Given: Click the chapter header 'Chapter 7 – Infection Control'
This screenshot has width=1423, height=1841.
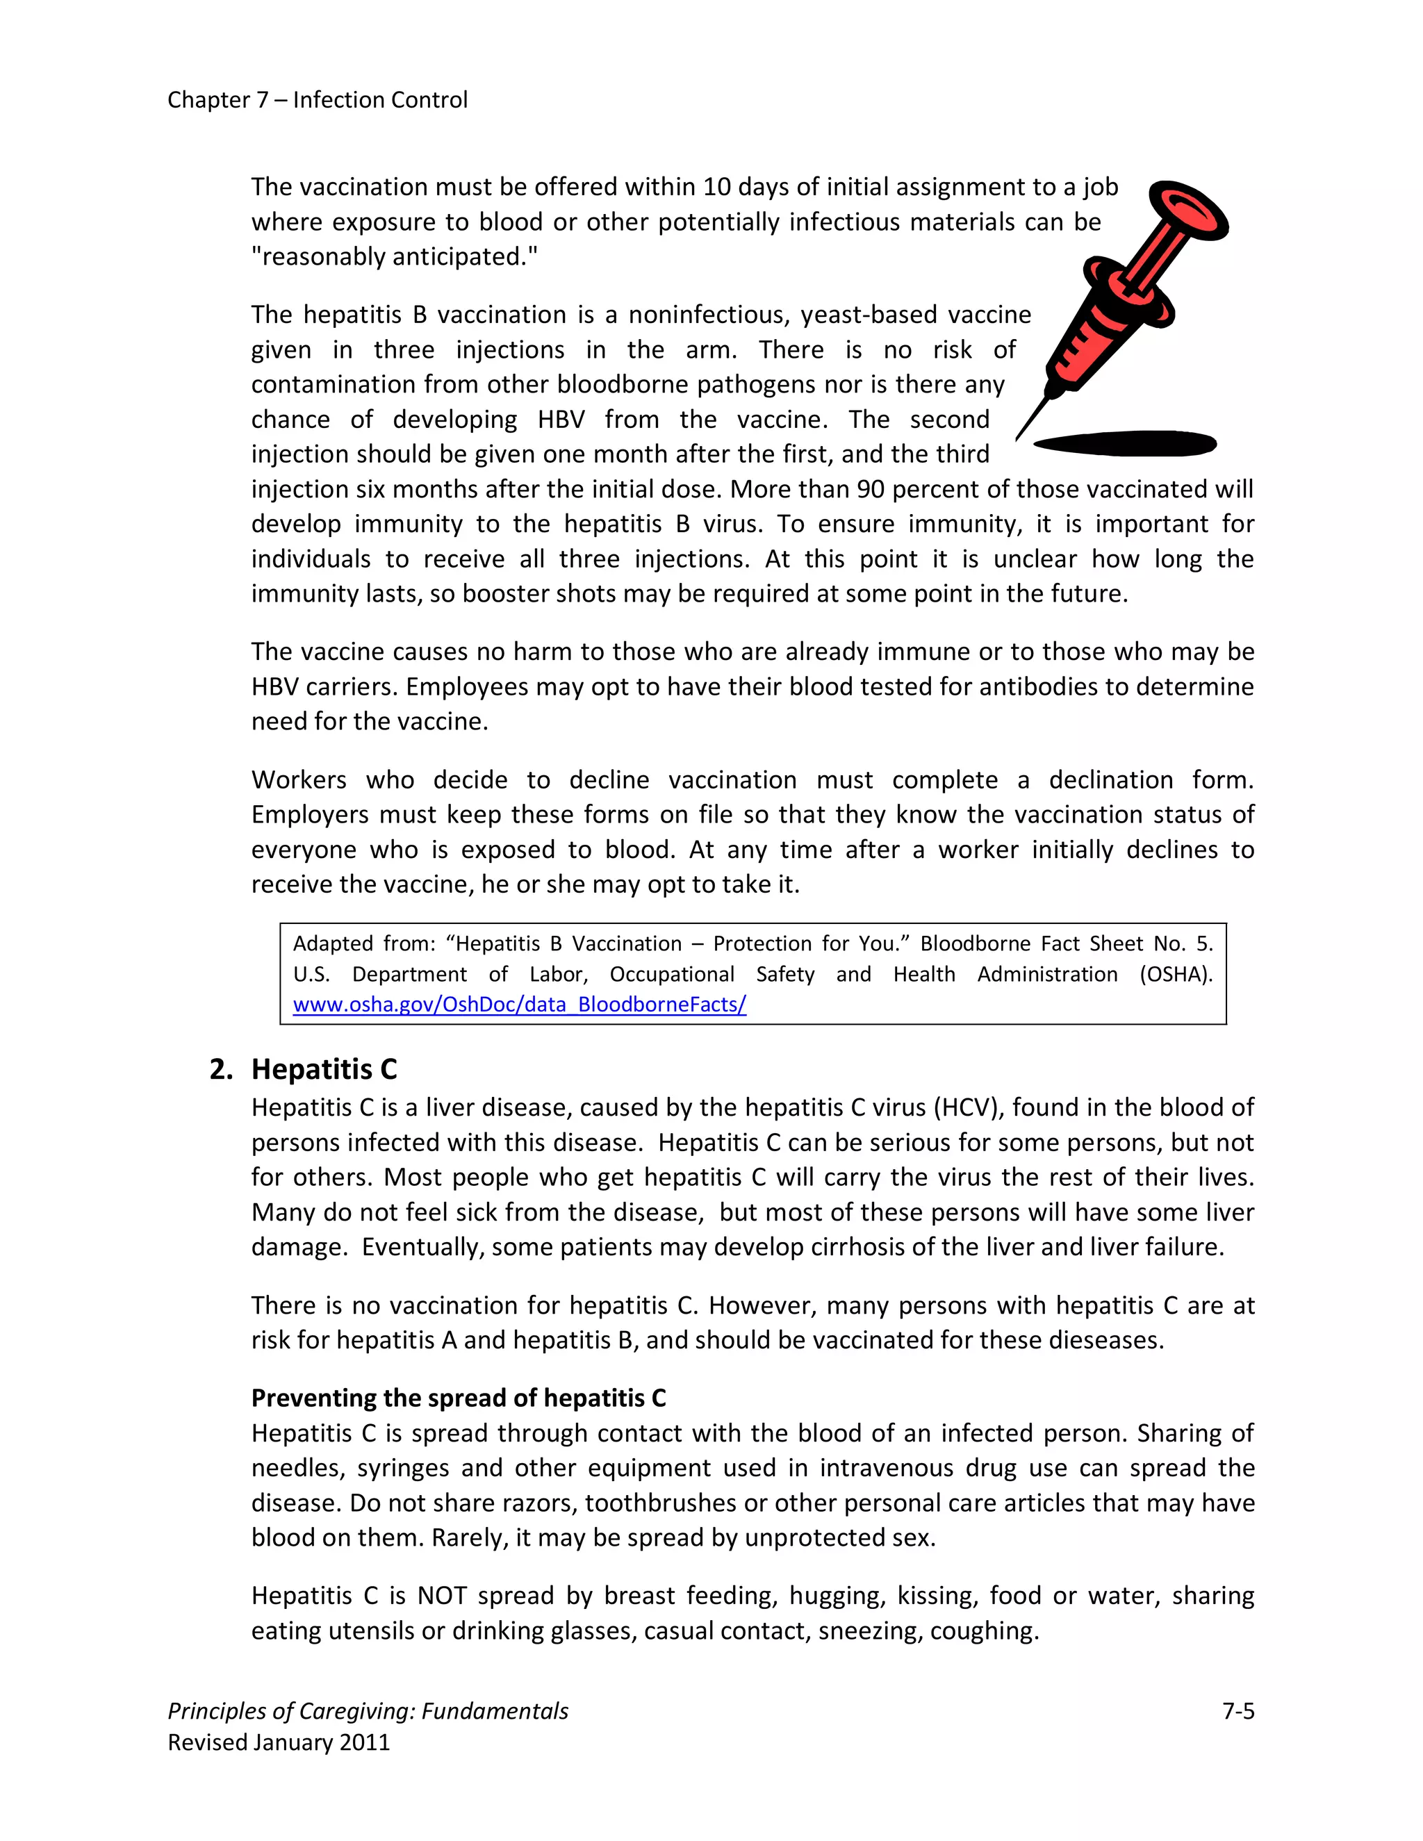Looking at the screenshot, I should (317, 99).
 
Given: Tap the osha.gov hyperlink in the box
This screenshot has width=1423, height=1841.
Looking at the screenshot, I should (519, 1004).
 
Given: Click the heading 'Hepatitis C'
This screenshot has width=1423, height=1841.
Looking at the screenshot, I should (324, 1069).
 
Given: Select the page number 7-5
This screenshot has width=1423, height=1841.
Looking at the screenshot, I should (1237, 1710).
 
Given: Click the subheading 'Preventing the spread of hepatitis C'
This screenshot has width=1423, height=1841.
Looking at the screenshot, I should (459, 1398).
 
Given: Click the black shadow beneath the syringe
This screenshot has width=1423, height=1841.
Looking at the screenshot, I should (1125, 443).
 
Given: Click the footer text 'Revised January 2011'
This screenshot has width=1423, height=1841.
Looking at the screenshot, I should (279, 1742).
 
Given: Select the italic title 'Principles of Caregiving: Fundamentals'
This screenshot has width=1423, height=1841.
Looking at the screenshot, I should (368, 1710).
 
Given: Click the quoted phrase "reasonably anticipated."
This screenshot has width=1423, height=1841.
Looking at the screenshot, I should (395, 256).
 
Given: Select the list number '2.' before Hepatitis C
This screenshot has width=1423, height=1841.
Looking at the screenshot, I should (221, 1069).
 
